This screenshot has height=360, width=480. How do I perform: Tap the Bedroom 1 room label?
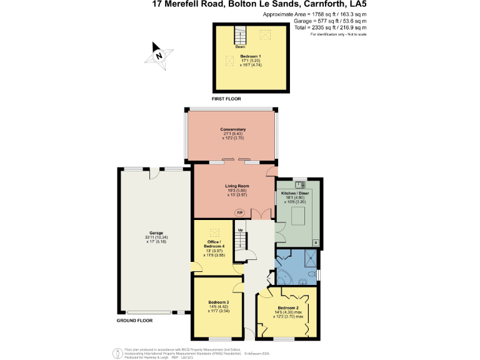[x=251, y=56]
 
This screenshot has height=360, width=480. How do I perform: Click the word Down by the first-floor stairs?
[x=240, y=47]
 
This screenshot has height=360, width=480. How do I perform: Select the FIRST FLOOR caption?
[x=226, y=99]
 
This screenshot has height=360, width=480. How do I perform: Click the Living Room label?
[x=233, y=186]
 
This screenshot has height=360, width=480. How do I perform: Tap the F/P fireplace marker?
[x=239, y=212]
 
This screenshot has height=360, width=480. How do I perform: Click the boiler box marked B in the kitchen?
[x=315, y=242]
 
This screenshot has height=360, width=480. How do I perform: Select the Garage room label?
[x=147, y=233]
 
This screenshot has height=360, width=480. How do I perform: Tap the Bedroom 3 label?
[x=219, y=302]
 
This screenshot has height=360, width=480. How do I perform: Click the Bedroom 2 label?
[x=287, y=309]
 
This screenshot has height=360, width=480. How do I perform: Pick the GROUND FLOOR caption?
[x=134, y=321]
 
